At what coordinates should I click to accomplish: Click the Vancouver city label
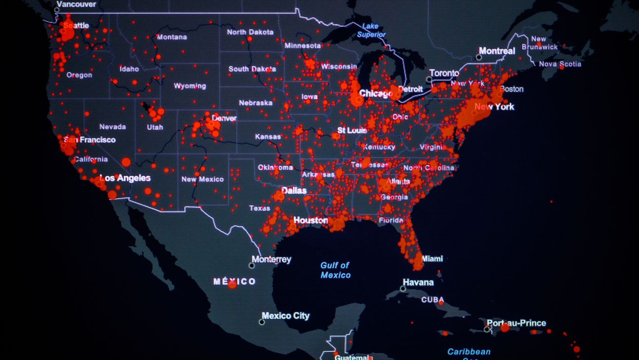click(x=76, y=4)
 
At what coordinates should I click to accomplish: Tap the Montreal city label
click(x=497, y=51)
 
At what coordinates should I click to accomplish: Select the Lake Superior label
click(x=371, y=30)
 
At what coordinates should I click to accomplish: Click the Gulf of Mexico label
click(x=335, y=270)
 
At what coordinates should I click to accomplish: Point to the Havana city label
click(x=418, y=282)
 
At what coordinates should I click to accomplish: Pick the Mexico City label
click(x=285, y=316)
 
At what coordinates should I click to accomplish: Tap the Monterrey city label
click(x=272, y=259)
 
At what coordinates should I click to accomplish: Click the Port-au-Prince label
click(x=516, y=323)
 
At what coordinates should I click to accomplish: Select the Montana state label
click(x=172, y=37)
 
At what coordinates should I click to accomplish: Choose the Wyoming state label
click(x=189, y=86)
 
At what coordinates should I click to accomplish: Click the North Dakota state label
click(x=250, y=32)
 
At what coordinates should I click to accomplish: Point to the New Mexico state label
click(x=202, y=179)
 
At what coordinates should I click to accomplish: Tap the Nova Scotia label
click(x=560, y=64)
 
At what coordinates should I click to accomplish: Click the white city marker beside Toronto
click(x=429, y=80)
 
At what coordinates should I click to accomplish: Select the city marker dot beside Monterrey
click(x=251, y=266)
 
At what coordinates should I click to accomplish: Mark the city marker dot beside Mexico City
click(x=262, y=322)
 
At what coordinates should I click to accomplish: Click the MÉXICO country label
click(x=234, y=281)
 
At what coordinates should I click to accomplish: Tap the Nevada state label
click(x=112, y=126)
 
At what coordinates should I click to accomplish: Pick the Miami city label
click(x=432, y=259)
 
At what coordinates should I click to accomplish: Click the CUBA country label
click(x=433, y=300)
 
